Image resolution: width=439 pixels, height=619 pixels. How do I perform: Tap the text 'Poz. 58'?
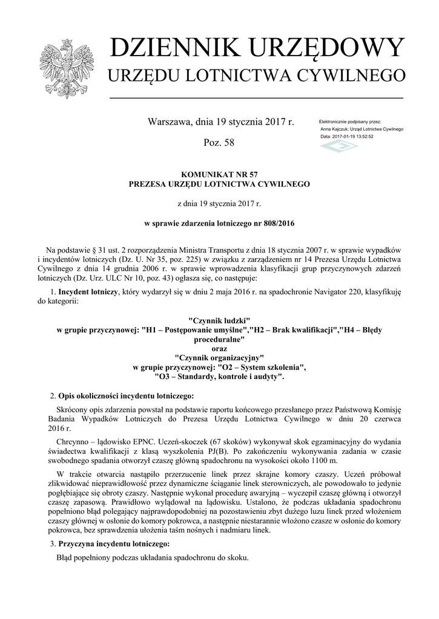220,143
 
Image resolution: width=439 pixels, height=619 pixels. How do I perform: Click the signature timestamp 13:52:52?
361,137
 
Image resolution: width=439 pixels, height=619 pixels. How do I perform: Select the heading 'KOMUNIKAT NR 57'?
219,173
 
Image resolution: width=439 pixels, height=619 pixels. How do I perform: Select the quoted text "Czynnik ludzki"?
219,319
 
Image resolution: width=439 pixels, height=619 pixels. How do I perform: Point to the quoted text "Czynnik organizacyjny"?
219,358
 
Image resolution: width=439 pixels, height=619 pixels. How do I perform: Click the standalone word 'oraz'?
219,348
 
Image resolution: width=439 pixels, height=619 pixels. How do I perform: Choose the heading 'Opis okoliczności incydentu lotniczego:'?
126,396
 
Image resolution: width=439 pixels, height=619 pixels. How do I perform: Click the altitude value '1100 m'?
345,462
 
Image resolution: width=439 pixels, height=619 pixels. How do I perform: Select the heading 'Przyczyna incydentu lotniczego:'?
114,544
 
